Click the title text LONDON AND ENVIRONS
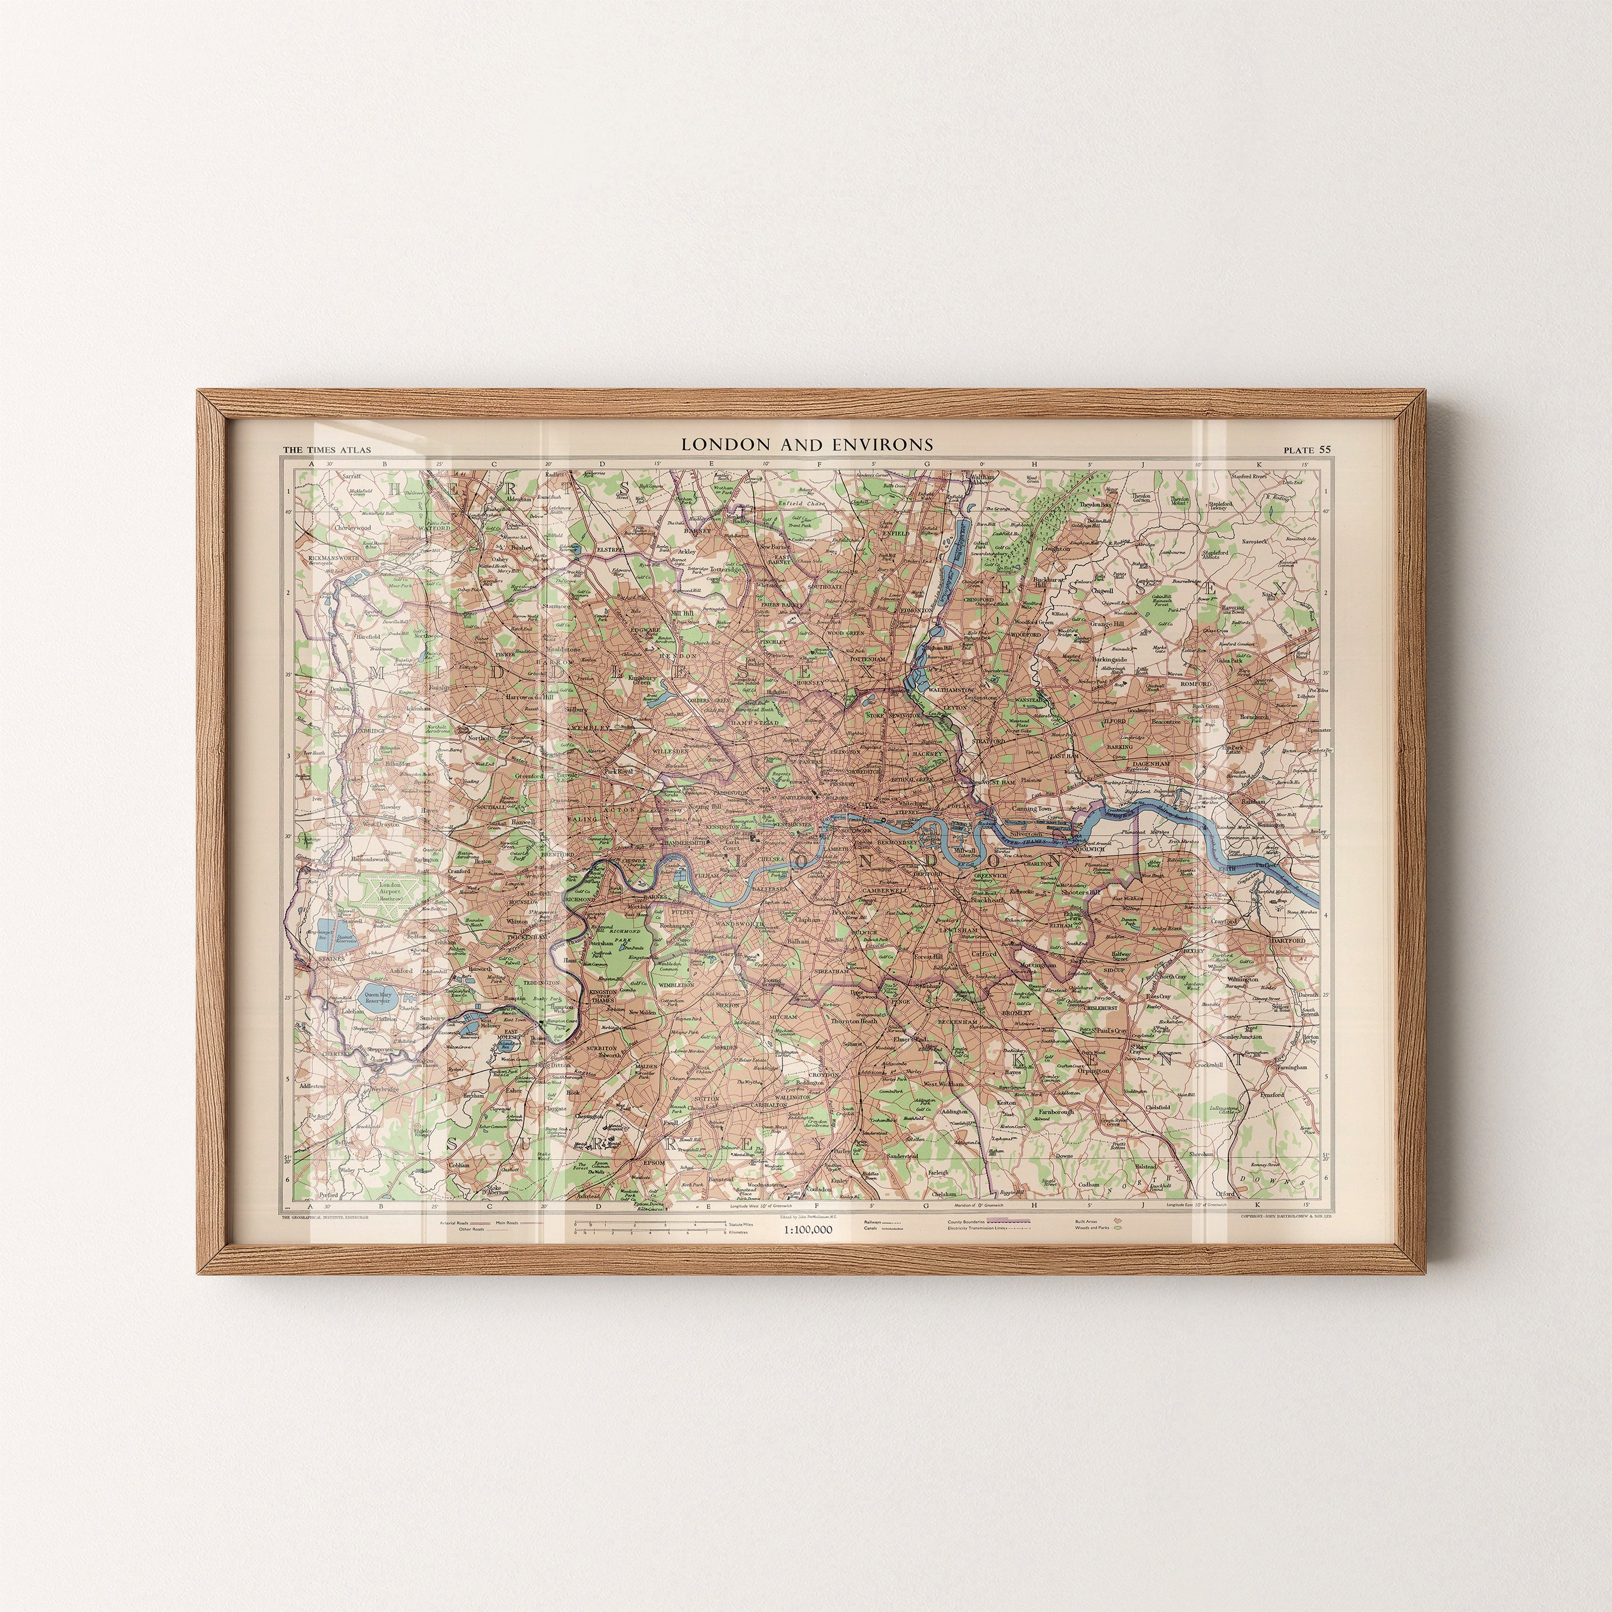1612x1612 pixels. click(807, 445)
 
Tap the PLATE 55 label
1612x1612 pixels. click(1307, 450)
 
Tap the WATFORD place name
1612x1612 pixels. click(436, 528)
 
